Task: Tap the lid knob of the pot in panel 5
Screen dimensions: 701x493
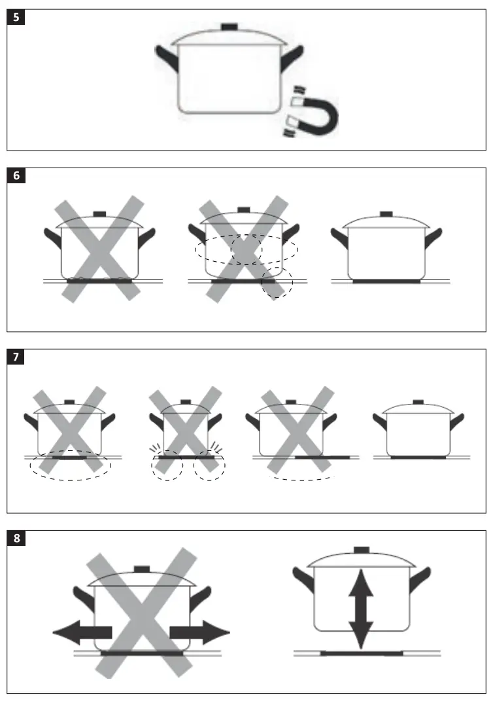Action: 229,27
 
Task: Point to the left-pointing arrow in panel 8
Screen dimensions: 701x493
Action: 81,632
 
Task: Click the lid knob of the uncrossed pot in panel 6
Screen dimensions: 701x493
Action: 386,213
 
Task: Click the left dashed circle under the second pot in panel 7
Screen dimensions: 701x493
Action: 167,465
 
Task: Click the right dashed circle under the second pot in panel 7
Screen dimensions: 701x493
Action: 209,465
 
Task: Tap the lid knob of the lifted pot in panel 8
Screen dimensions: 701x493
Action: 362,550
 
